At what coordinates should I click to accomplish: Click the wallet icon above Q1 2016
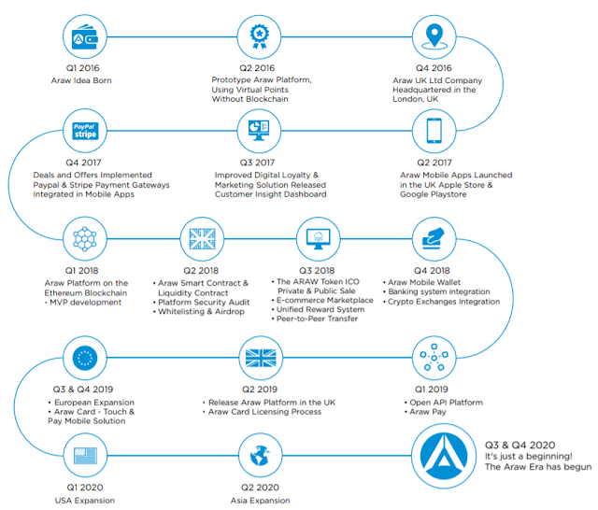(x=86, y=36)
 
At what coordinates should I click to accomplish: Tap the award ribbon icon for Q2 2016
(x=259, y=36)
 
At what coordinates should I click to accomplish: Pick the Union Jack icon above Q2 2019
(x=259, y=359)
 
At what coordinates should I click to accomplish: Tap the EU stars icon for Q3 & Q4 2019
(x=86, y=359)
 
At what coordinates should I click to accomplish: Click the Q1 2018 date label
(x=86, y=269)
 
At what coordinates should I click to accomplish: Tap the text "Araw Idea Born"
(x=86, y=81)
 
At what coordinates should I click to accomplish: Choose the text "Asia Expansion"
(x=259, y=501)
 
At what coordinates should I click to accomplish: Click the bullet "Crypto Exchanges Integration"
(x=445, y=301)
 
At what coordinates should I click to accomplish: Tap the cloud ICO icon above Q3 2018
(x=318, y=235)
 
